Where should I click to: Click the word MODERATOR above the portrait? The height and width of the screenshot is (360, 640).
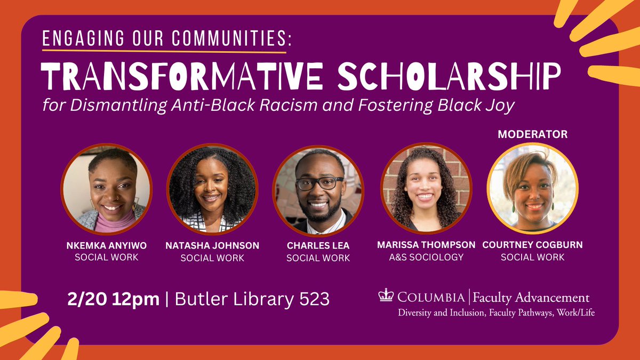532,135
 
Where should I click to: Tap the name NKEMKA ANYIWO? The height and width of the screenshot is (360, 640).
106,245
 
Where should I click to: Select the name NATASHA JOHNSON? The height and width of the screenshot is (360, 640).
212,245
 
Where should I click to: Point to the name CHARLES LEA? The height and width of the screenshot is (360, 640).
318,245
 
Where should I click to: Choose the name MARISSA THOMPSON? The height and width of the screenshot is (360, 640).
426,245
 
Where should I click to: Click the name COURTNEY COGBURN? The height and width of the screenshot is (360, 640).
532,245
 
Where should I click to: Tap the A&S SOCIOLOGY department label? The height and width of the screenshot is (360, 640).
426,257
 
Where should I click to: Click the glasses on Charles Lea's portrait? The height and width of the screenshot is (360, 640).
319,183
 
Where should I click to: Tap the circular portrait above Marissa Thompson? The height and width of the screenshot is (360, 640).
426,188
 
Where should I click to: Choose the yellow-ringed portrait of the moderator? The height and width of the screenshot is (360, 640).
532,188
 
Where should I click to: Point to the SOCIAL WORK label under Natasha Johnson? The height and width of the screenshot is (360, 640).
212,258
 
